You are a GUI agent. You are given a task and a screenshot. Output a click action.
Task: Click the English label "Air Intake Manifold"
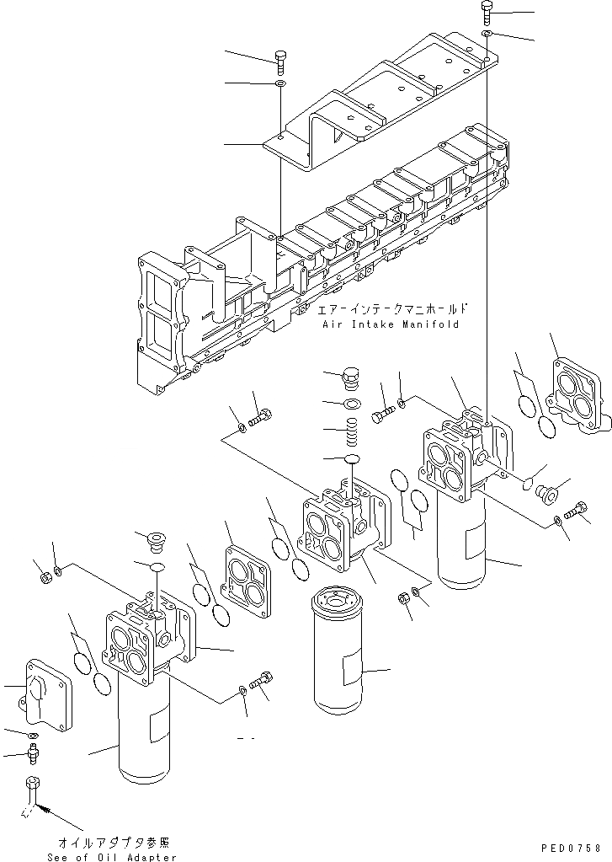coord(390,324)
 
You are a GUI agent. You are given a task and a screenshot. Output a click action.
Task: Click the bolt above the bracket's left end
coord(280,60)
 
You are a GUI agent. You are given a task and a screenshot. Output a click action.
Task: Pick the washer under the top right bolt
coord(488,34)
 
